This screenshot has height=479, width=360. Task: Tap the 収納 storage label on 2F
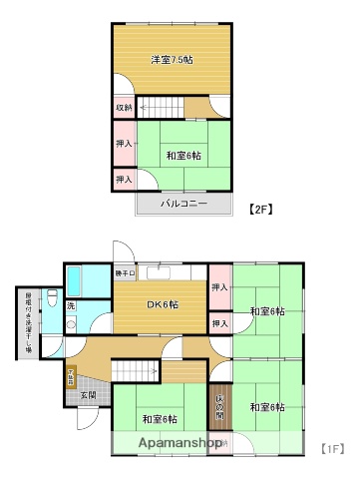[123, 108]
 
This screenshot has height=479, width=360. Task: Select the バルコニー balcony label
[185, 205]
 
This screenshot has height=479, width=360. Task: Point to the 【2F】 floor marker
[259, 210]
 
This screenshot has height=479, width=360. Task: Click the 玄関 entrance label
[88, 395]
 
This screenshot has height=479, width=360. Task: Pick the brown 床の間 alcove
[220, 406]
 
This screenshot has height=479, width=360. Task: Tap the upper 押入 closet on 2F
[124, 143]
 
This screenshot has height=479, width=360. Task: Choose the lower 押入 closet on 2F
[124, 179]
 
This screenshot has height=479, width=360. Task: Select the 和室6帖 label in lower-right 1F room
[267, 406]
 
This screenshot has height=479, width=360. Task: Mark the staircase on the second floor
[160, 106]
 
